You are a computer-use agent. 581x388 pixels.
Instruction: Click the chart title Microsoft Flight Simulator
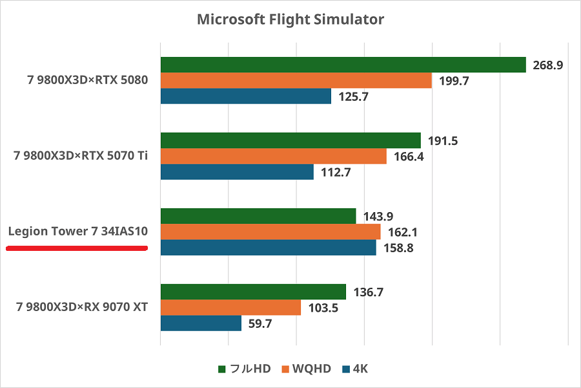(290, 19)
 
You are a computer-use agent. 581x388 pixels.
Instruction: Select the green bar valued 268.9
(343, 65)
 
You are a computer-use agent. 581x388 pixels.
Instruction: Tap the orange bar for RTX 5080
(296, 80)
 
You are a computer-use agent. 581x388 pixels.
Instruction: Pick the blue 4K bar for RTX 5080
(245, 96)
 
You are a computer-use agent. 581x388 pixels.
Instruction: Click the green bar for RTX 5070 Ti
(290, 140)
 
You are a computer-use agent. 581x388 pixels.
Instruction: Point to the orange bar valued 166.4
(273, 156)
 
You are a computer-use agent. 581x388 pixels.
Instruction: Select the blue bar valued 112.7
(237, 172)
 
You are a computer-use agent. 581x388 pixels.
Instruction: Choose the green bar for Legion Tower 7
(258, 216)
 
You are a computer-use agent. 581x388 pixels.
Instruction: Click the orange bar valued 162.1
(270, 232)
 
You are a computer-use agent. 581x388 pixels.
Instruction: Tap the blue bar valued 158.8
(268, 248)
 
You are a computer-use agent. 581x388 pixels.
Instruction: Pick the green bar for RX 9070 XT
(253, 292)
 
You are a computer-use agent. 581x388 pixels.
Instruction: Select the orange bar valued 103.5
(230, 308)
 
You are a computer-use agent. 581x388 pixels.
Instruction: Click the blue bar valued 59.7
(201, 323)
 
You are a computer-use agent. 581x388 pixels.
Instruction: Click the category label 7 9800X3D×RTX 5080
(88, 81)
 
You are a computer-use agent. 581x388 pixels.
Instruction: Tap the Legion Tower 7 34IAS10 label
(77, 232)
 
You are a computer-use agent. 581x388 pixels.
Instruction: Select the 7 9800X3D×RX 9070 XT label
(82, 307)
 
